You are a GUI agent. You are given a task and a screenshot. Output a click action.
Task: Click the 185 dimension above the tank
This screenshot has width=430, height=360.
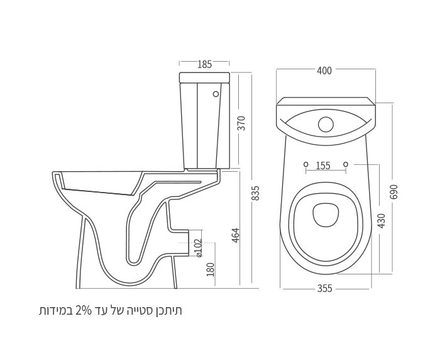204,64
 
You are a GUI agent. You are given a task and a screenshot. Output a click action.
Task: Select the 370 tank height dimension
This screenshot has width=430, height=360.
241,123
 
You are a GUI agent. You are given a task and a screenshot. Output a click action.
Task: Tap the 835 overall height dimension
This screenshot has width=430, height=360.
255,193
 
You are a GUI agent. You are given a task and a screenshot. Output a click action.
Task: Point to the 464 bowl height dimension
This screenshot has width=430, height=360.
236,235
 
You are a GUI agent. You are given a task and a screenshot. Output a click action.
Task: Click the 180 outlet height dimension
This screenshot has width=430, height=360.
211,269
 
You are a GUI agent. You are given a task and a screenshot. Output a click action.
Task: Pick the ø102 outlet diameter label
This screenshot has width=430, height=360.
198,247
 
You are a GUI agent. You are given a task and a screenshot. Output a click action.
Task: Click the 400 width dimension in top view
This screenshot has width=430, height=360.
324,70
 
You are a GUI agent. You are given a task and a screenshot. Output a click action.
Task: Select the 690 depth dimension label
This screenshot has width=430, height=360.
394,191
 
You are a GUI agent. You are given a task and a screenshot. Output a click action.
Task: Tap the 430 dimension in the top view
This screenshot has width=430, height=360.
381,220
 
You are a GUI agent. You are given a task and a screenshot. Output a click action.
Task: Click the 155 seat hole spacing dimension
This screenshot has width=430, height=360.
322,166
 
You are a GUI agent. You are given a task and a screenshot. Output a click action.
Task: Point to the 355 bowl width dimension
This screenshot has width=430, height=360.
324,288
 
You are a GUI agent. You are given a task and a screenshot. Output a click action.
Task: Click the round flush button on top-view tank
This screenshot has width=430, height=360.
326,124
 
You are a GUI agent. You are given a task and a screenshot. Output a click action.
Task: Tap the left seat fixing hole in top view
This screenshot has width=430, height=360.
306,164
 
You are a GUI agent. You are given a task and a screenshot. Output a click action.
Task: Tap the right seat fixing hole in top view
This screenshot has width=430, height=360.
345,164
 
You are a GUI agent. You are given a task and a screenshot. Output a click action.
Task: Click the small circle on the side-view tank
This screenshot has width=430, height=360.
216,94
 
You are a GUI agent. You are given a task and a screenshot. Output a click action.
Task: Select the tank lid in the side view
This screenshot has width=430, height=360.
204,77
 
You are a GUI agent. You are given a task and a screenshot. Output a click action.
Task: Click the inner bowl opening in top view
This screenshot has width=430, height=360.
326,215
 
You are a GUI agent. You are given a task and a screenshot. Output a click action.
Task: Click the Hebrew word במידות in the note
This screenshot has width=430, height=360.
57,310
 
